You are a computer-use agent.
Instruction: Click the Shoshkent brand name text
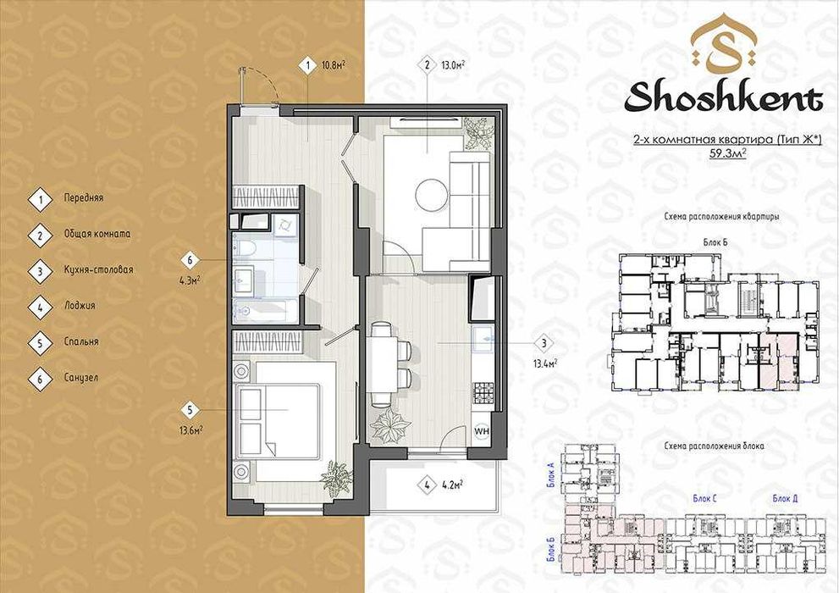(x=724, y=97)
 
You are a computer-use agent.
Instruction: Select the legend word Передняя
(x=83, y=197)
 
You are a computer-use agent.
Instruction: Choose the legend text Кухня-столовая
(x=97, y=270)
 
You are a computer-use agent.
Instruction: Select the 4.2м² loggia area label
(x=452, y=485)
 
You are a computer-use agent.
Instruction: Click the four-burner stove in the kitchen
(x=483, y=391)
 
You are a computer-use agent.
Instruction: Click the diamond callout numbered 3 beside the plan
(x=543, y=344)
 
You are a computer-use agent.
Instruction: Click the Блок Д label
(x=785, y=498)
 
